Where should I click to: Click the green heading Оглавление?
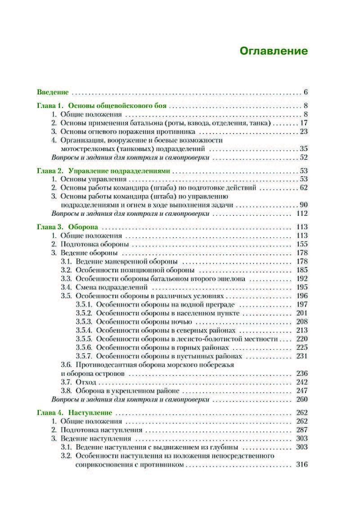click(x=273, y=51)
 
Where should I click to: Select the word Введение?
click(x=52, y=93)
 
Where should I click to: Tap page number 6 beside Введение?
click(x=305, y=93)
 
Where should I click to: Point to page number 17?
click(x=303, y=123)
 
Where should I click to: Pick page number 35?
click(x=303, y=148)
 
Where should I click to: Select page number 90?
click(x=303, y=205)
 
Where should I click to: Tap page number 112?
click(x=301, y=214)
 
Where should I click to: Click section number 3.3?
click(x=66, y=278)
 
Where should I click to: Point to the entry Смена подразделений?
click(x=112, y=287)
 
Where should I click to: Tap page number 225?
click(x=301, y=348)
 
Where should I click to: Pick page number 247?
click(x=301, y=391)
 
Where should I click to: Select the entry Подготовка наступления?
click(x=101, y=430)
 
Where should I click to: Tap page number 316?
click(x=301, y=464)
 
